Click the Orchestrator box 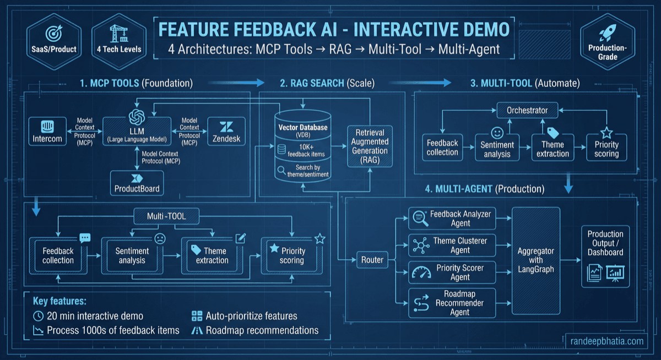[x=527, y=110]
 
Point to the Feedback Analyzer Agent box [x=452, y=218]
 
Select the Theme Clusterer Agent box [x=452, y=245]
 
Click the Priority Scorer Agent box [x=452, y=272]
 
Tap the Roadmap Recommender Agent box [x=452, y=303]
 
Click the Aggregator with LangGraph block [x=535, y=260]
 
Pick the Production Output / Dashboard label [x=605, y=243]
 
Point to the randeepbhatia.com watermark [x=608, y=341]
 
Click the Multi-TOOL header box [x=166, y=216]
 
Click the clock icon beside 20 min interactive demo [x=39, y=317]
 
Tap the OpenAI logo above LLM [x=136, y=117]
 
